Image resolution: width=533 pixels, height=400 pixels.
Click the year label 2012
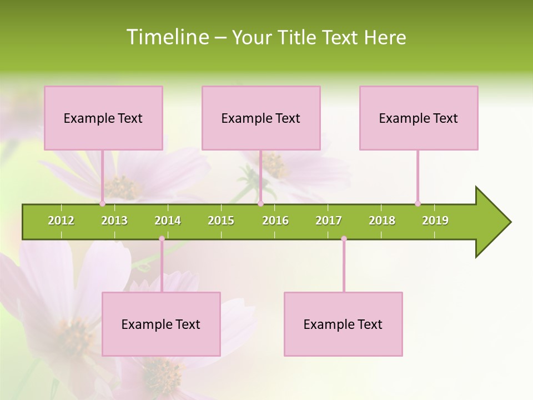click(x=61, y=221)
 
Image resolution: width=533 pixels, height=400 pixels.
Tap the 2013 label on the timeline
click(x=114, y=221)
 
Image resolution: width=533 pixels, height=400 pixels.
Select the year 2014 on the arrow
click(x=168, y=221)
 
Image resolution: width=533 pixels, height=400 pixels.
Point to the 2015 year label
click(x=221, y=221)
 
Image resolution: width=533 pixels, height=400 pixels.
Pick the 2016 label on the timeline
click(x=275, y=221)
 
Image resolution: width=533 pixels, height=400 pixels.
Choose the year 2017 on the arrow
click(x=329, y=221)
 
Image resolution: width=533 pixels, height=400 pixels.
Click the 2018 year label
click(x=382, y=221)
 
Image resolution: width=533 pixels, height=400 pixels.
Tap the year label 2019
click(x=435, y=221)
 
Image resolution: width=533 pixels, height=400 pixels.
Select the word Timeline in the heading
click(x=167, y=37)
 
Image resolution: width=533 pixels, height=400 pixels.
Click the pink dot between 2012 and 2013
click(x=102, y=204)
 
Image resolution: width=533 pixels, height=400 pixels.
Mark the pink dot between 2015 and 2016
click(x=260, y=204)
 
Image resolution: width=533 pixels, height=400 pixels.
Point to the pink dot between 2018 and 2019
click(x=418, y=204)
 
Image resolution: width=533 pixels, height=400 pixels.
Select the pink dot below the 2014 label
click(x=162, y=239)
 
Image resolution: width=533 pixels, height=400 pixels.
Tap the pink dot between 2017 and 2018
click(x=344, y=239)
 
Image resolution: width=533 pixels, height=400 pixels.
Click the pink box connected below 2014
click(x=161, y=324)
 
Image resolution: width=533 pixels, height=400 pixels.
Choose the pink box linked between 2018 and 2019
click(x=419, y=118)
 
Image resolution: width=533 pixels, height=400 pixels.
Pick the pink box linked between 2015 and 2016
click(x=261, y=118)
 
